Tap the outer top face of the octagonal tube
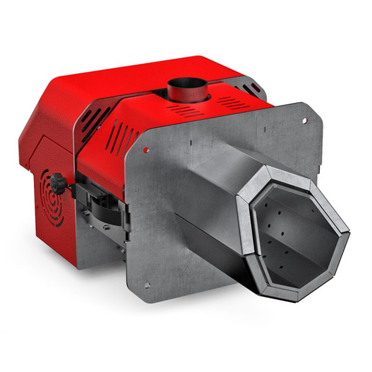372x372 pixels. coord(223,160)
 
